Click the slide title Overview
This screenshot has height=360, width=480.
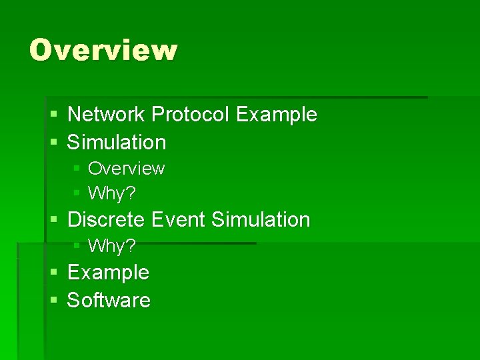pyautogui.click(x=103, y=50)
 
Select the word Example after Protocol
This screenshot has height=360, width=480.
pyautogui.click(x=276, y=115)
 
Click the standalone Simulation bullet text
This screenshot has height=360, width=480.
pyautogui.click(x=117, y=142)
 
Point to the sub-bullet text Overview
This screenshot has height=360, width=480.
pyautogui.click(x=126, y=168)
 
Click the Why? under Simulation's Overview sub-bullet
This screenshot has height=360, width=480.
pyautogui.click(x=112, y=193)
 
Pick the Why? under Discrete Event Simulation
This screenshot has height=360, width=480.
pyautogui.click(x=112, y=246)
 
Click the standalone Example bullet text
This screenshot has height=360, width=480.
pyautogui.click(x=108, y=272)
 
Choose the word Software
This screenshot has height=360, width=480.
pyautogui.click(x=109, y=300)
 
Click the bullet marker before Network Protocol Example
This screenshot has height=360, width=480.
pyautogui.click(x=54, y=115)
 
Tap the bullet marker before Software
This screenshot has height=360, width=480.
pyautogui.click(x=54, y=301)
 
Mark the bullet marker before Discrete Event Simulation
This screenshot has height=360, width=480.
pyautogui.click(x=54, y=220)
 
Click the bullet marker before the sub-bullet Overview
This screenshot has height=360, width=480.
pyautogui.click(x=77, y=169)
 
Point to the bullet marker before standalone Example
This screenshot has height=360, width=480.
pyautogui.click(x=54, y=273)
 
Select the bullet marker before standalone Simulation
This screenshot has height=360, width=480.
pyautogui.click(x=54, y=143)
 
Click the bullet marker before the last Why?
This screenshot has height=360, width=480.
pyautogui.click(x=77, y=247)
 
